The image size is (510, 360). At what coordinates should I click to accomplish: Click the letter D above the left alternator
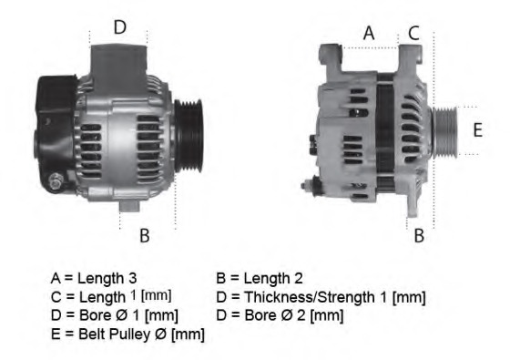click(x=120, y=27)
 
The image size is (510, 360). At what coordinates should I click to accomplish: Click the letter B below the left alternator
click(x=144, y=235)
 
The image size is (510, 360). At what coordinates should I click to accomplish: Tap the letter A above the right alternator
click(x=369, y=33)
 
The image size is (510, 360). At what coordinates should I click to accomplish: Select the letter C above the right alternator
click(x=413, y=33)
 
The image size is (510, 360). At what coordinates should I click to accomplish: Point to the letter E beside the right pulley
click(x=477, y=129)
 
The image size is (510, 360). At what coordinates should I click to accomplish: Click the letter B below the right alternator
click(x=419, y=235)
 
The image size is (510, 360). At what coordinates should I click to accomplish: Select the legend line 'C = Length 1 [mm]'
click(x=110, y=296)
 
